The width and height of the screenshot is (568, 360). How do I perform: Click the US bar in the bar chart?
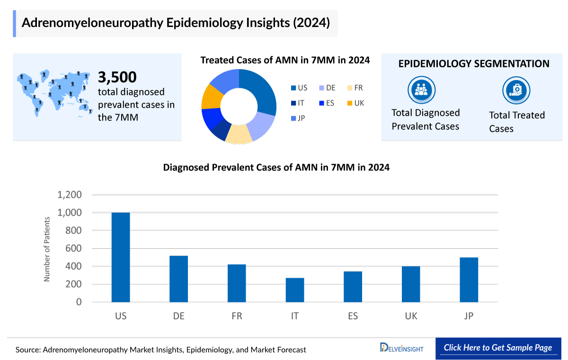[121, 257]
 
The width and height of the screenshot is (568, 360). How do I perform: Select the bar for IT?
[295, 290]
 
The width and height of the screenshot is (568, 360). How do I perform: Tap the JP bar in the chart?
[469, 280]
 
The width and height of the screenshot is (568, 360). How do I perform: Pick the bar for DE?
[179, 279]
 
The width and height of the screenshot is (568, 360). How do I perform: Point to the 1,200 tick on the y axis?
[70, 195]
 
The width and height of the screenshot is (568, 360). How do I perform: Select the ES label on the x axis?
[353, 316]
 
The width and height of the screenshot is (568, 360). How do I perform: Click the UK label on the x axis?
[411, 316]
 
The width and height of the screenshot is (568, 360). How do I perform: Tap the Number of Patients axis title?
[47, 249]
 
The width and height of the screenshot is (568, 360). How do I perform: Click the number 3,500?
[117, 77]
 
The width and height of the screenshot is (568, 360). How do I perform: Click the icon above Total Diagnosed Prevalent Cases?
[421, 90]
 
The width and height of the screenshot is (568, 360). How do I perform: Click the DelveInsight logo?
[402, 348]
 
